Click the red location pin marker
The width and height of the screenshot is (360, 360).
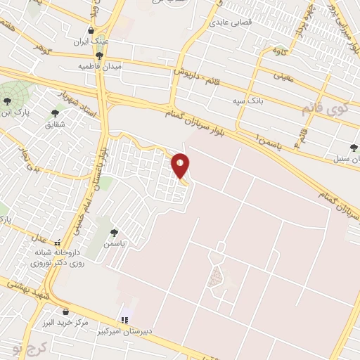point(181,165)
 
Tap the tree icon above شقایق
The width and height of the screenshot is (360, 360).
point(55,112)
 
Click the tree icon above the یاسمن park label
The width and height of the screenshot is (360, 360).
point(114,233)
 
